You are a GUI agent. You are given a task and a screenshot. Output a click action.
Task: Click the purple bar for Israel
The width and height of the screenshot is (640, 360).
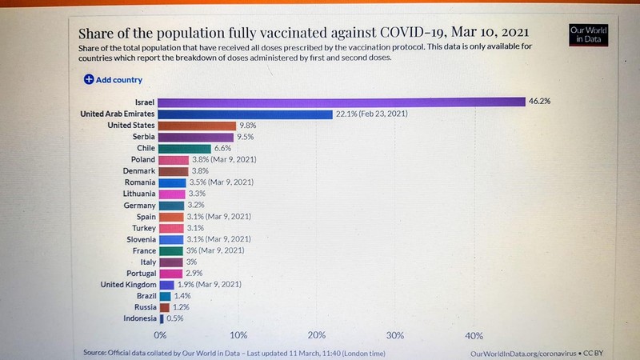point(342,102)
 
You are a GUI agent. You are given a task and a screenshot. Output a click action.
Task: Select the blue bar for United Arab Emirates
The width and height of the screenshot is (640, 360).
point(246,114)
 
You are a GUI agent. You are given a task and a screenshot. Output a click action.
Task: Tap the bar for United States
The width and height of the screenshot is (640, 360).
point(198,126)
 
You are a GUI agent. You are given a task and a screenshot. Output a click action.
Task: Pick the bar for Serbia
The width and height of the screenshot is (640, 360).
point(196,137)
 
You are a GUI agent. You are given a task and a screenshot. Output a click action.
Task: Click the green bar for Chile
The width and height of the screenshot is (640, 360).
point(185,149)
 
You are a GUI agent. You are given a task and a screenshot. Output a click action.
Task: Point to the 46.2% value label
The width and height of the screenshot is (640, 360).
point(538,102)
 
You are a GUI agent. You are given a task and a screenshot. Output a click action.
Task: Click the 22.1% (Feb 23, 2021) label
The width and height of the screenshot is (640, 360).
point(372,114)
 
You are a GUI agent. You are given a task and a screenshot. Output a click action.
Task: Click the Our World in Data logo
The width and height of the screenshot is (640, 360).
point(588,34)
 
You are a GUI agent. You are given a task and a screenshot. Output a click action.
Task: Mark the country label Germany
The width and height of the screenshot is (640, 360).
point(135,205)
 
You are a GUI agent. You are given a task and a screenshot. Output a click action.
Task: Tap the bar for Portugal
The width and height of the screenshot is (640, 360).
point(171,273)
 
